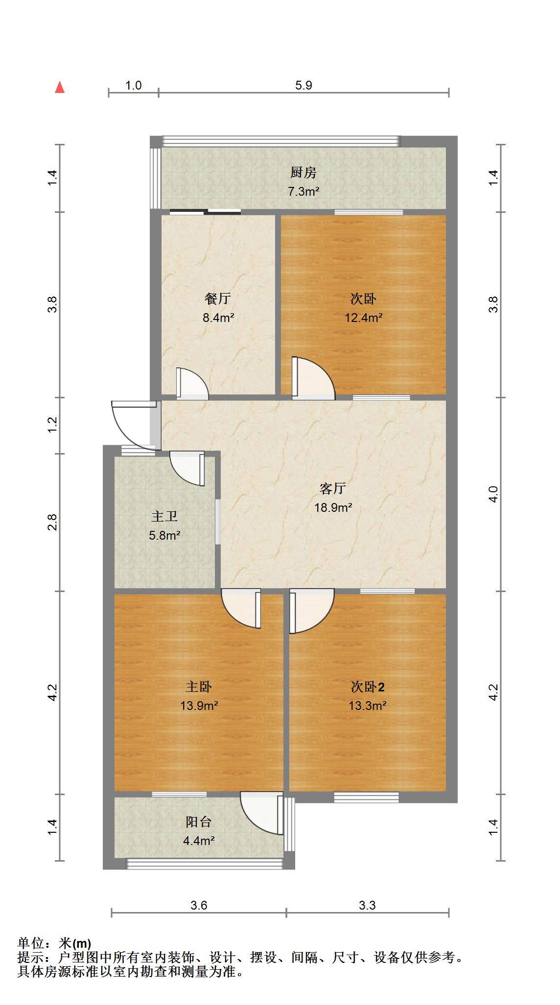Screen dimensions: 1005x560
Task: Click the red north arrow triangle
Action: point(60,88)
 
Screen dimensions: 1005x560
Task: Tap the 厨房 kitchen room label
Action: point(303,172)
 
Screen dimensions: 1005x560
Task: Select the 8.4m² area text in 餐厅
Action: point(218,318)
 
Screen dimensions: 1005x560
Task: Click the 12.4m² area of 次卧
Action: point(363,318)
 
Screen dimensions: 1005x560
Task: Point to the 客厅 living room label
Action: point(333,488)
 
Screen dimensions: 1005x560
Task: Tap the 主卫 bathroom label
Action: point(164,516)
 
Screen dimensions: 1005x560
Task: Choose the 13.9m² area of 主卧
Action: point(199,706)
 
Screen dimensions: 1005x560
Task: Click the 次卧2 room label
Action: point(367,687)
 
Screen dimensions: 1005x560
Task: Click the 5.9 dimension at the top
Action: point(303,85)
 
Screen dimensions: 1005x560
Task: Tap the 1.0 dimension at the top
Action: point(133,85)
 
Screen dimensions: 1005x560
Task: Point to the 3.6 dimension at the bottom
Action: point(199,905)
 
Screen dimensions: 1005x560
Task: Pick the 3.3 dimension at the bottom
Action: point(367,905)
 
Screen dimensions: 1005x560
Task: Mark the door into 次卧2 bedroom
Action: point(311,612)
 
